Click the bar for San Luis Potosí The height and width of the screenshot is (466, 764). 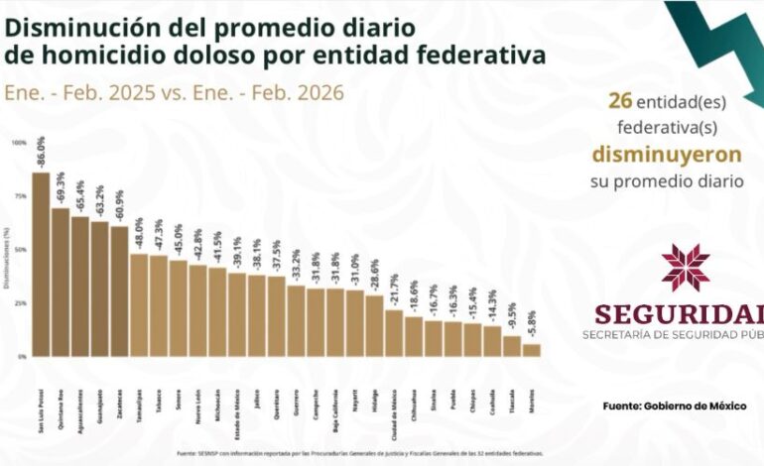(x=41, y=265)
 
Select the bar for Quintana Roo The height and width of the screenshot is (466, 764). (x=61, y=283)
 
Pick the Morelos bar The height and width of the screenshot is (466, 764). (x=532, y=350)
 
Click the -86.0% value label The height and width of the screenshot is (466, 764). (x=42, y=157)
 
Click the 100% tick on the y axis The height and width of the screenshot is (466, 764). (x=20, y=143)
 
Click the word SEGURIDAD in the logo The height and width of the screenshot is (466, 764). (x=680, y=314)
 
